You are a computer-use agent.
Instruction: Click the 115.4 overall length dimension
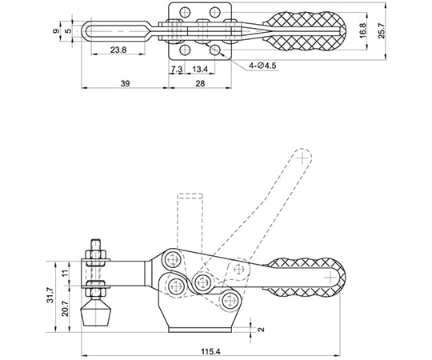click(210, 351)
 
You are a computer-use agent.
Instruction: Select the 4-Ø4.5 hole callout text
click(262, 66)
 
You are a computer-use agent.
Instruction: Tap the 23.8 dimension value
click(118, 50)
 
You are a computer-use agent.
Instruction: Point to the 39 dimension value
click(125, 83)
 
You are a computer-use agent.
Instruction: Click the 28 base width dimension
click(200, 83)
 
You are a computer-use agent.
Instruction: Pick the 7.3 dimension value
click(176, 69)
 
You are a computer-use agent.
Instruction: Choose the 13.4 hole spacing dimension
click(200, 69)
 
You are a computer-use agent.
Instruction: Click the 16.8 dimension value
click(362, 30)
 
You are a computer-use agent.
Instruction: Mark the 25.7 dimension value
click(382, 30)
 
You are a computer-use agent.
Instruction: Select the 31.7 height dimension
click(50, 296)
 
